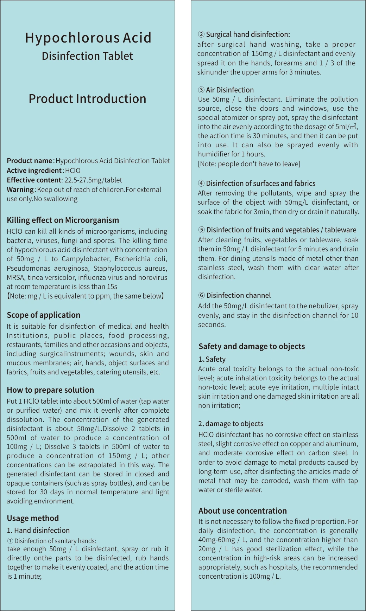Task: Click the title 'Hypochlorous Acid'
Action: (88, 38)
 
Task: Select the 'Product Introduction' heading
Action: (87, 99)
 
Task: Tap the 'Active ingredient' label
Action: (34, 171)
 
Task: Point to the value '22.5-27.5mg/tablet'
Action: (93, 180)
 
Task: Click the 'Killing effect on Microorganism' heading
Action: (63, 220)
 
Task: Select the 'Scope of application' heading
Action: (43, 315)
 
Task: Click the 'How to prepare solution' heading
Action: (50, 390)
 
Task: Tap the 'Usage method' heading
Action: (33, 518)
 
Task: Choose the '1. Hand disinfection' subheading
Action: (38, 530)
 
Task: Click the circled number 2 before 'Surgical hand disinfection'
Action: (201, 34)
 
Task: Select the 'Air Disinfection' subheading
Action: (230, 90)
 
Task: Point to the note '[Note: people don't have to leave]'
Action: (249, 163)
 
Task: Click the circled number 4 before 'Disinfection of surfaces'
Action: (201, 184)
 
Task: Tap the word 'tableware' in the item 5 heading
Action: (340, 230)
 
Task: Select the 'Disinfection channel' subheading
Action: (239, 295)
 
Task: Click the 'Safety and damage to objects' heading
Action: (252, 346)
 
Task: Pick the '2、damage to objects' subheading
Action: (231, 424)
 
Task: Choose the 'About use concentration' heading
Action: (242, 511)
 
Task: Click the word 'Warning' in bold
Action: (20, 189)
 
